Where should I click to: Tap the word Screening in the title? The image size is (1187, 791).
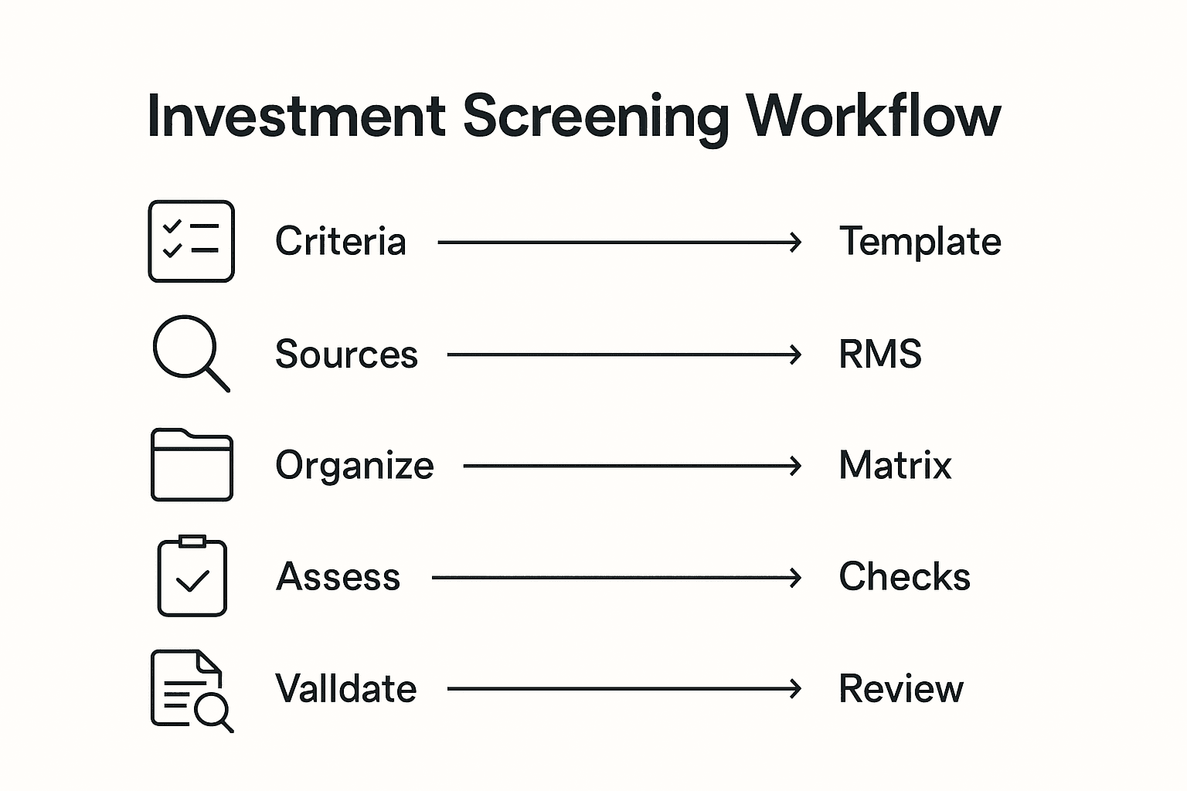[x=595, y=117]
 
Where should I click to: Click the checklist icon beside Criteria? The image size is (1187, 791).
[x=191, y=241]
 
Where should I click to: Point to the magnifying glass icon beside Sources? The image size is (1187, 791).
[x=189, y=352]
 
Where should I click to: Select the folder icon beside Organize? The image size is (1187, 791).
[x=192, y=465]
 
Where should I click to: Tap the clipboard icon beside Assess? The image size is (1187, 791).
[x=192, y=576]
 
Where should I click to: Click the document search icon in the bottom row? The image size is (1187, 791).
[x=191, y=690]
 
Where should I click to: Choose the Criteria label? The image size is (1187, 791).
[x=340, y=241]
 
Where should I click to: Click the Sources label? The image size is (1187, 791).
[x=346, y=355]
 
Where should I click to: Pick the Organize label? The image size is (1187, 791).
[x=355, y=466]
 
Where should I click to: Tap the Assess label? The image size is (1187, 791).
[x=338, y=577]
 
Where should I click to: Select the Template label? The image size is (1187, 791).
[x=920, y=241]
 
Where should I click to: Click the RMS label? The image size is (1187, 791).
[x=880, y=355]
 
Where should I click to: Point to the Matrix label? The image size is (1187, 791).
[x=895, y=466]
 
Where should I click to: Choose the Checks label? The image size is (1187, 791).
[x=904, y=577]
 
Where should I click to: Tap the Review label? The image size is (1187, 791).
[x=901, y=689]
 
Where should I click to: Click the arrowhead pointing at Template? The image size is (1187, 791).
[x=795, y=243]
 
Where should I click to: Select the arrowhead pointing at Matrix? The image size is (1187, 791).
[x=795, y=466]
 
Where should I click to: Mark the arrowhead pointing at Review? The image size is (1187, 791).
[x=795, y=689]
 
